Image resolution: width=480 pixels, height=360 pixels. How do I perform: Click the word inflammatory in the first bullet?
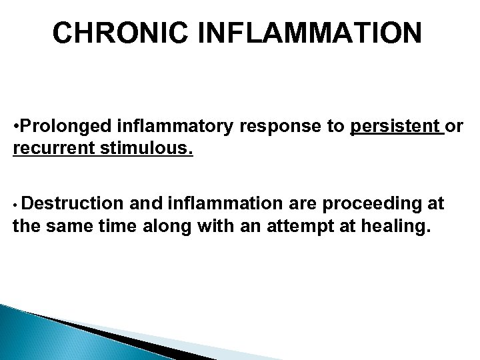pyautogui.click(x=169, y=127)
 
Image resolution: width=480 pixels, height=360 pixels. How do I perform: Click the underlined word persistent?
pyautogui.click(x=396, y=127)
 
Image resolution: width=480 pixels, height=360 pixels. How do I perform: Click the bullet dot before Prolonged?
pyautogui.click(x=16, y=127)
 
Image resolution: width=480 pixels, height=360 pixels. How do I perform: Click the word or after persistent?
pyautogui.click(x=456, y=127)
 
